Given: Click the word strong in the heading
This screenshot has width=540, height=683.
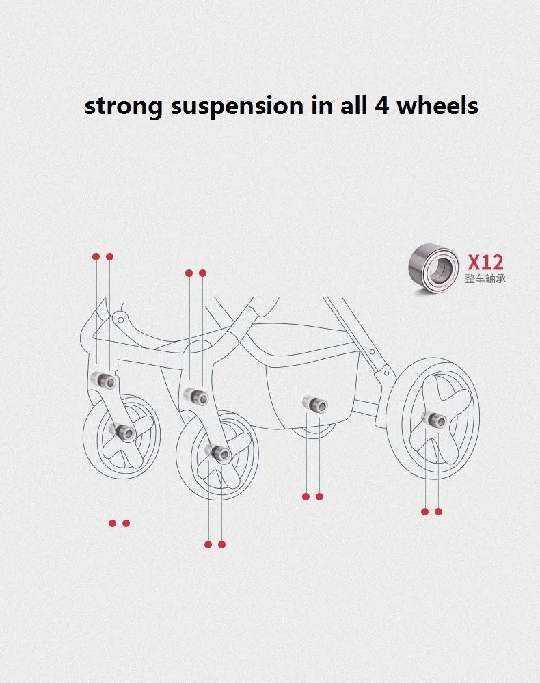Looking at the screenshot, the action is point(123,107).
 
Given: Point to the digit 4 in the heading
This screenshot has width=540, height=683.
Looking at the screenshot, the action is point(381,107).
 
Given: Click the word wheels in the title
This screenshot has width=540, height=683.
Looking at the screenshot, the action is point(437,107).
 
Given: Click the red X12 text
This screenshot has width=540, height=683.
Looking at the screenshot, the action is point(485,262).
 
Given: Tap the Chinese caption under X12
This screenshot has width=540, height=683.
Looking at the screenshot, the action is point(485,279).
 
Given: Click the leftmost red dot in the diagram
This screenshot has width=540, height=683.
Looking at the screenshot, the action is point(96,256).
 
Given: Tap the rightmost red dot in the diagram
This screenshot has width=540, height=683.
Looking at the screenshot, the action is point(438,511).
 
